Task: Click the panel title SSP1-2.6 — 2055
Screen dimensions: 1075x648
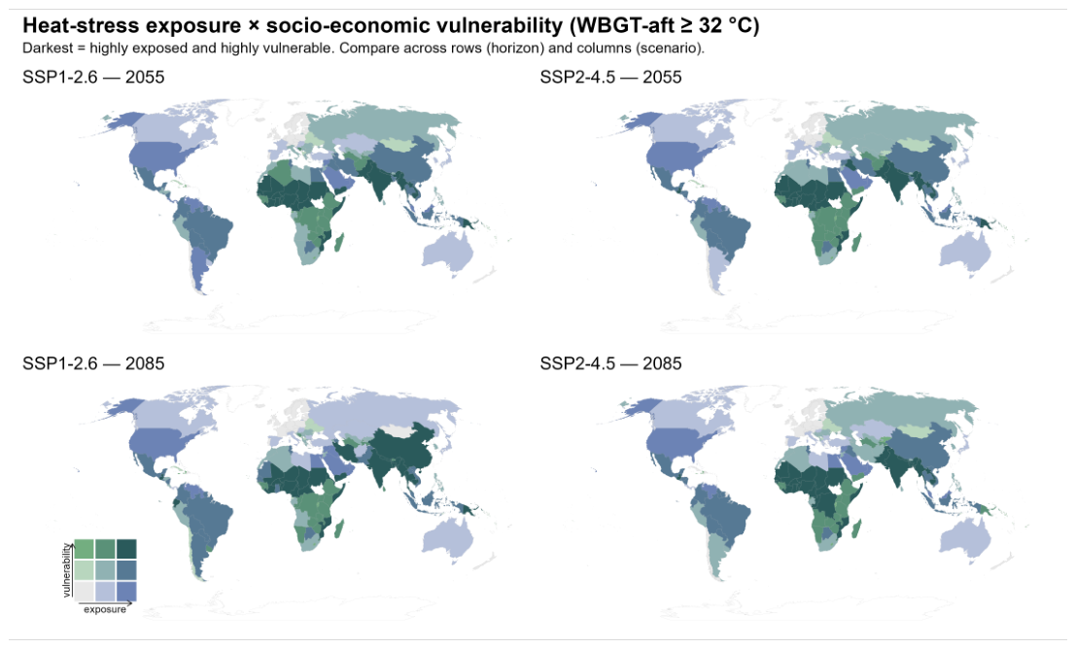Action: [x=93, y=77]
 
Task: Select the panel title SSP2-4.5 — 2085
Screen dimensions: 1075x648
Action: [x=610, y=363]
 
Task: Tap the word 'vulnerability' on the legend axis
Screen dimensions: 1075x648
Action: [x=66, y=570]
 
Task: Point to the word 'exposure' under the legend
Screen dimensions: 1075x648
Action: [x=105, y=609]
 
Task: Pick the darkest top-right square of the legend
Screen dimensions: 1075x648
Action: [x=126, y=549]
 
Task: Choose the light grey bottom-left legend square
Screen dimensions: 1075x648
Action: [x=84, y=591]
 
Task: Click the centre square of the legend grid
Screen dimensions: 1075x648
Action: [x=105, y=570]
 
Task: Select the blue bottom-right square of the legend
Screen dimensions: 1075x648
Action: [x=126, y=591]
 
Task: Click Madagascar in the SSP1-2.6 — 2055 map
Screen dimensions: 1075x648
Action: [x=339, y=242]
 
